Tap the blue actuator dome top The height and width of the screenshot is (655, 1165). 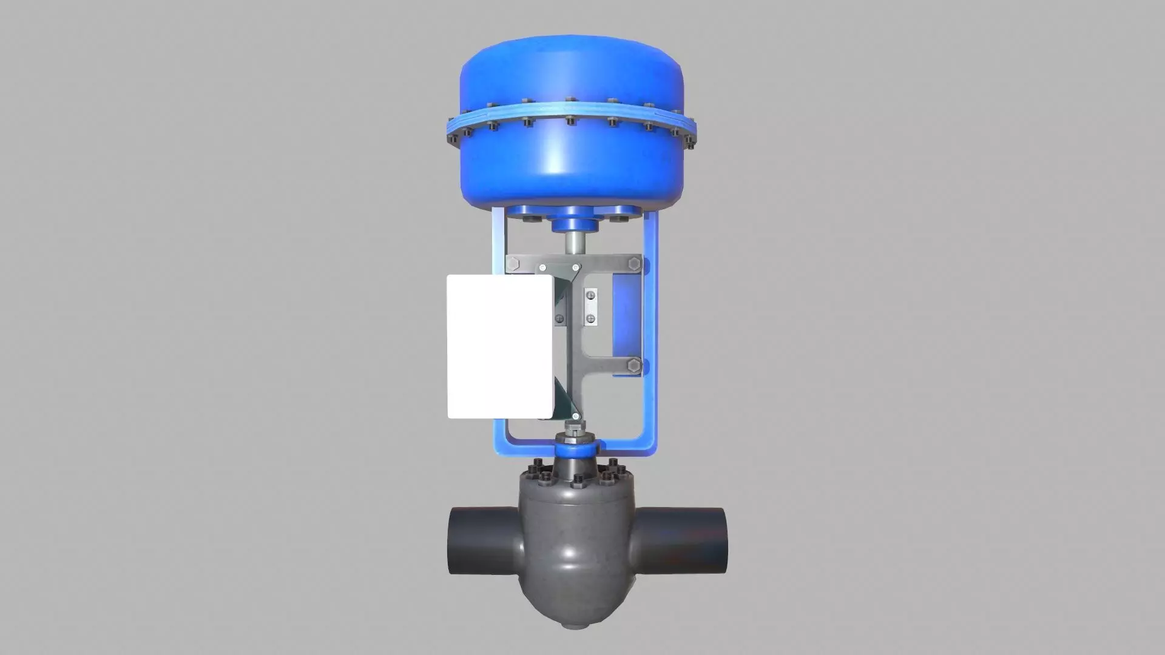click(571, 67)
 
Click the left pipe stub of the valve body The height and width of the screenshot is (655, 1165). click(479, 540)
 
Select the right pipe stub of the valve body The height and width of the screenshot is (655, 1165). click(680, 540)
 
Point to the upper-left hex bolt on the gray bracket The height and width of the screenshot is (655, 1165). click(513, 264)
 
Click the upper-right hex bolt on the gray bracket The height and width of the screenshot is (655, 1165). click(635, 264)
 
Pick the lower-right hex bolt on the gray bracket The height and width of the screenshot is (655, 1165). click(634, 366)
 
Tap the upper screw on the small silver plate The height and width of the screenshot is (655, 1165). click(590, 295)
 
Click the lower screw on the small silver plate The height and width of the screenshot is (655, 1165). click(590, 318)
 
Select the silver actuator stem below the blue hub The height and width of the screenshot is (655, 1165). click(572, 243)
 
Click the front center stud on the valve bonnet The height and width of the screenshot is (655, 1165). click(577, 482)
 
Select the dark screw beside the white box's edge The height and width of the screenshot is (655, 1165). click(559, 318)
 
